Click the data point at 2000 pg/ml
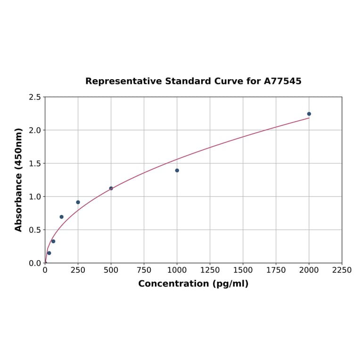[309, 114]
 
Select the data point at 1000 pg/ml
[177, 171]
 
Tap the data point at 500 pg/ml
[111, 188]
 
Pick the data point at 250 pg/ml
[78, 202]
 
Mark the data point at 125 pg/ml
[62, 217]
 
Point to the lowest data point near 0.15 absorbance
[49, 253]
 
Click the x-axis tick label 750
[144, 270]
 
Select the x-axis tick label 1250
[210, 270]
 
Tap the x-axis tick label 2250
[342, 270]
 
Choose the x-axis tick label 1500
[243, 270]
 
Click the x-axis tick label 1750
[276, 270]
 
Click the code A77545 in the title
[283, 82]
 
